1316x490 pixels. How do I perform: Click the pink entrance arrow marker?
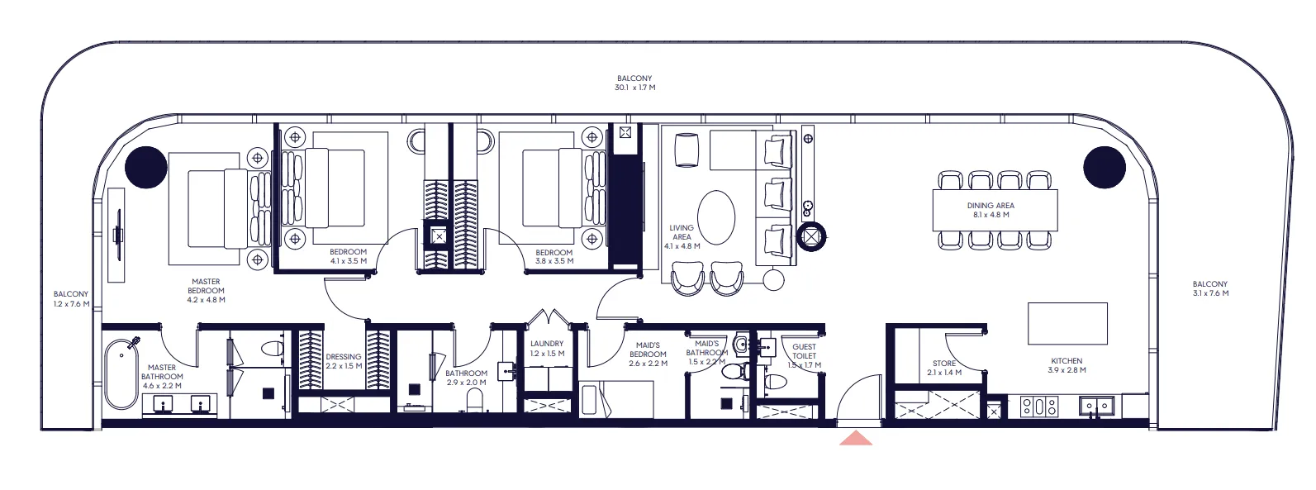click(x=855, y=439)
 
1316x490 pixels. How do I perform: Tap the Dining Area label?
click(x=991, y=210)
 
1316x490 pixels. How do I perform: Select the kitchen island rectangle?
click(x=1067, y=323)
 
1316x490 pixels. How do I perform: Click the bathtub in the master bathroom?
click(x=121, y=374)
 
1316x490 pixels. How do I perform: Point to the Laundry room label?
click(x=547, y=348)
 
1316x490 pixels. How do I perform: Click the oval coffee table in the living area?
click(x=716, y=218)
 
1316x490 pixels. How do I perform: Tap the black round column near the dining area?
click(x=1104, y=167)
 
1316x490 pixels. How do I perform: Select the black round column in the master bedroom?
click(x=146, y=167)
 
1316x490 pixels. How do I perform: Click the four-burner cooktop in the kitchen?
click(x=1039, y=406)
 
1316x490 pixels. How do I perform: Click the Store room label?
click(x=944, y=368)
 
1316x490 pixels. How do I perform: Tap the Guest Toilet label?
click(x=804, y=356)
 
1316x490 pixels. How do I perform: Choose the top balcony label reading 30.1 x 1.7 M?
click(x=634, y=83)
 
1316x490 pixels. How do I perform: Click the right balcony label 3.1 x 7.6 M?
click(x=1210, y=288)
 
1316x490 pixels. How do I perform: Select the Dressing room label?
click(x=344, y=361)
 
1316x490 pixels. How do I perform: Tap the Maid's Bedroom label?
click(x=648, y=354)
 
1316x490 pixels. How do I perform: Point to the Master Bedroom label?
click(x=206, y=290)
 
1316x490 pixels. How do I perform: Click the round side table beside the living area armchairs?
click(x=773, y=280)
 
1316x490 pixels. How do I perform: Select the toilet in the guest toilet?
click(x=776, y=380)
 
